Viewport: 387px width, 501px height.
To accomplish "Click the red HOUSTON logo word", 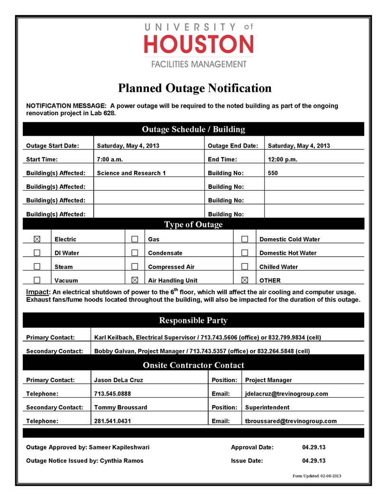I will pos(199,45).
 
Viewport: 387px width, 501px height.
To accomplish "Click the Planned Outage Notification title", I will pos(194,88).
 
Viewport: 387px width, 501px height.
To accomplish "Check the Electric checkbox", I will pos(37,239).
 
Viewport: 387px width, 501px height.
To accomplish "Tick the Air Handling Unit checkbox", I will pos(135,280).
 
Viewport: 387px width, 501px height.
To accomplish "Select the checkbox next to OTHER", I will pos(245,280).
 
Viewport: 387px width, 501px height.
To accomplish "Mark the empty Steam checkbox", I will pos(37,267).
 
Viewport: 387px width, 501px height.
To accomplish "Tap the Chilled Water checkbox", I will pos(245,267).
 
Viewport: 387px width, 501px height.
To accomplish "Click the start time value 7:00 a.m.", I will pos(110,159).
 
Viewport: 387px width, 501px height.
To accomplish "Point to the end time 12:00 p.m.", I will pos(283,159).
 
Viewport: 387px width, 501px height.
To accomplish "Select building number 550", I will pos(273,173).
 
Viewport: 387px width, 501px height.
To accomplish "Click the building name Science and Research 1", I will pos(131,173).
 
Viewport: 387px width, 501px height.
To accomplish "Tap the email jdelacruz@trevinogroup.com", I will pos(286,394).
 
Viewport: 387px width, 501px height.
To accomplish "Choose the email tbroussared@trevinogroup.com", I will pos(291,421).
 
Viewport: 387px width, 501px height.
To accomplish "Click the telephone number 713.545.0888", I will pos(113,394).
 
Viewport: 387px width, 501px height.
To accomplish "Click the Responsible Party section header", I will pos(193,320).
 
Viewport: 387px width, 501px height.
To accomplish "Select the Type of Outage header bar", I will pos(193,224).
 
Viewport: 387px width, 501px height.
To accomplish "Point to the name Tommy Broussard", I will pos(120,408).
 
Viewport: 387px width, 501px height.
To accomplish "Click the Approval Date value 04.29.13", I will pos(313,447).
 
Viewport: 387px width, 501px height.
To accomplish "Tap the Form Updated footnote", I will pos(317,476).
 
